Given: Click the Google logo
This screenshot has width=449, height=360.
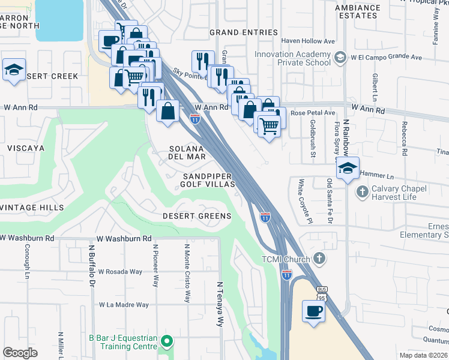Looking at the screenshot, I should [20, 353].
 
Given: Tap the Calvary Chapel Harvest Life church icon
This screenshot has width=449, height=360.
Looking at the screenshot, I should [361, 193].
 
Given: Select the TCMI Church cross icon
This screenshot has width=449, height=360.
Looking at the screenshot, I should [319, 259].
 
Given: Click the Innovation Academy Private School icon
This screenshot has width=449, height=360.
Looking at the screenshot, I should [340, 58].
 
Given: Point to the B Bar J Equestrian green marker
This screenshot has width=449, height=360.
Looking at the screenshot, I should [167, 343].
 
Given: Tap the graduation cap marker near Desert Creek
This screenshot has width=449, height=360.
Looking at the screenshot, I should [14, 71].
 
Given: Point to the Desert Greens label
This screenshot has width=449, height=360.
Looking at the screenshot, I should [197, 216].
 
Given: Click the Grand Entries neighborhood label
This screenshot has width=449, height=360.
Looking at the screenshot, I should [243, 32].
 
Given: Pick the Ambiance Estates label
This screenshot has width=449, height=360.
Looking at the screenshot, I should [358, 12].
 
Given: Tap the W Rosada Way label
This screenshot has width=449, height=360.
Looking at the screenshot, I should [120, 272].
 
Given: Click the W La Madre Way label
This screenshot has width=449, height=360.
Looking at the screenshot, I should [124, 305].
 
